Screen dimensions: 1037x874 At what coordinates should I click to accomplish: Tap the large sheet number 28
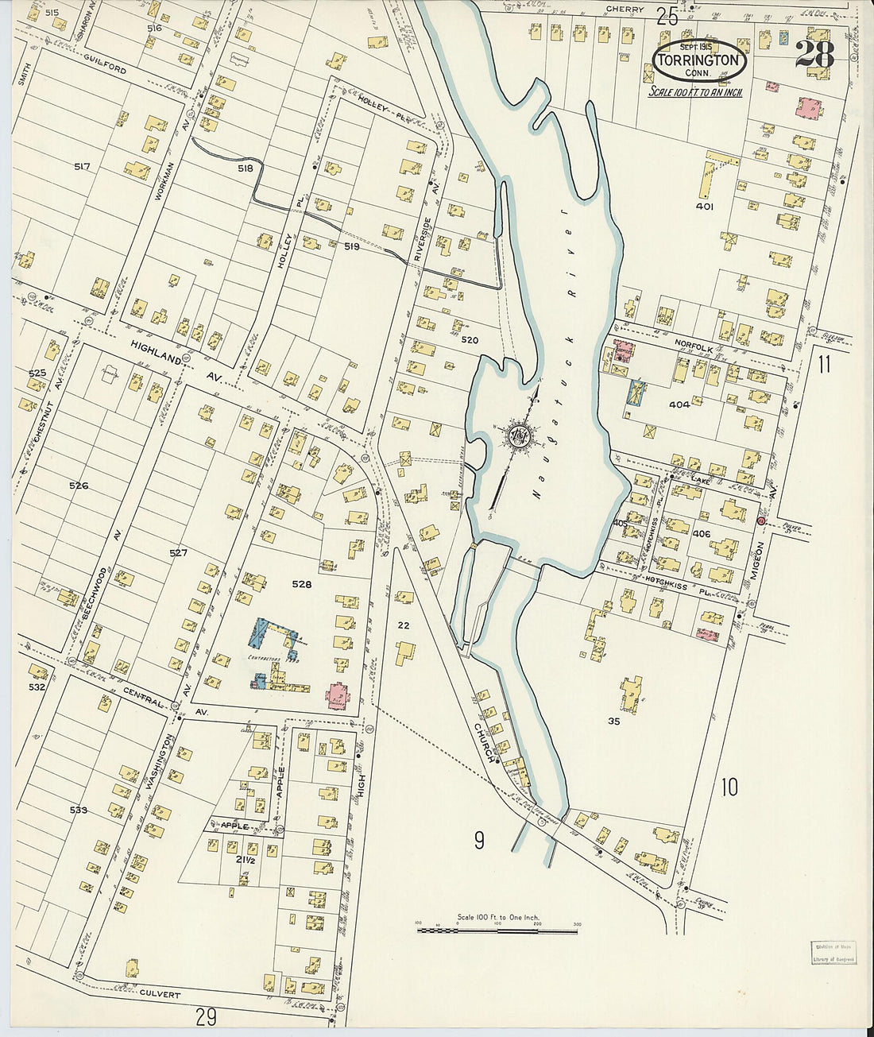pyautogui.click(x=814, y=55)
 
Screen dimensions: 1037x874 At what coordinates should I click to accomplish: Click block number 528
pyautogui.click(x=301, y=584)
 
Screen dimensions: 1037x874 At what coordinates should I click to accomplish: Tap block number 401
pyautogui.click(x=704, y=207)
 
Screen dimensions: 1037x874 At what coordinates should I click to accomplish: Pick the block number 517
pyautogui.click(x=82, y=167)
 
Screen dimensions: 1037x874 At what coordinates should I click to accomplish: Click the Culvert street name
pyautogui.click(x=158, y=994)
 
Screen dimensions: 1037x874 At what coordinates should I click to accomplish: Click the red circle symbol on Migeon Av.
pyautogui.click(x=760, y=521)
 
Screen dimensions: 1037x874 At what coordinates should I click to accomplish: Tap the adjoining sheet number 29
pyautogui.click(x=206, y=1016)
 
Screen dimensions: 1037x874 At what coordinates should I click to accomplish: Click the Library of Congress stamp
pyautogui.click(x=833, y=953)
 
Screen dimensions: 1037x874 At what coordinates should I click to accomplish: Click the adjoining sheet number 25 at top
pyautogui.click(x=667, y=14)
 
